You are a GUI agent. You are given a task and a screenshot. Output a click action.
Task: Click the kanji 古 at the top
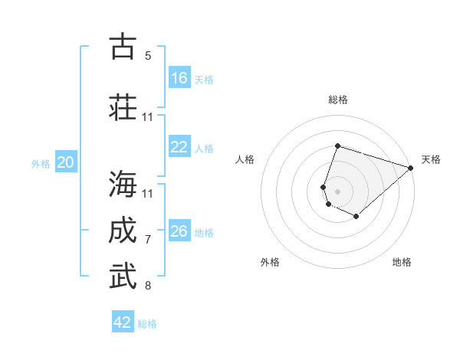123,46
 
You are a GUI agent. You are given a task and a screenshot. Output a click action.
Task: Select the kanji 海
123,184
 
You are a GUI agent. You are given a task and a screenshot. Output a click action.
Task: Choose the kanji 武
123,277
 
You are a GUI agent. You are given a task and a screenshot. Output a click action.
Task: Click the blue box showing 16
179,77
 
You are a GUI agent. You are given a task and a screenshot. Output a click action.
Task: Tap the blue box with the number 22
179,147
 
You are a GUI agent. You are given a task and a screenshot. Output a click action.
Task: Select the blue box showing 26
179,231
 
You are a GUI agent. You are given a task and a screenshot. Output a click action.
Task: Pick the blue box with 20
66,162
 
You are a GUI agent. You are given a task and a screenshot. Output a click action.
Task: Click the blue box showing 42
123,322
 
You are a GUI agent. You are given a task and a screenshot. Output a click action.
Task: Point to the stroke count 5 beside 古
148,55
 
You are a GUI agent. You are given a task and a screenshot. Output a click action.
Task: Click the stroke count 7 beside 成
148,240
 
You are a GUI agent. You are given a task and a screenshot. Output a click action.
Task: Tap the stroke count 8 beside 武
148,286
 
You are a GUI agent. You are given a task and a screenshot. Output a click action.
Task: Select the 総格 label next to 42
147,324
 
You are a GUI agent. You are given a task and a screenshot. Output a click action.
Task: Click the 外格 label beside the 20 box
41,164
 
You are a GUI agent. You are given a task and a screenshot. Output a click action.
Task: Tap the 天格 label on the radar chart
431,159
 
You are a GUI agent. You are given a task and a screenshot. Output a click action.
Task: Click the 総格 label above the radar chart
338,100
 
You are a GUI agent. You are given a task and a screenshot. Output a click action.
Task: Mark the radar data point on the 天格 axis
411,167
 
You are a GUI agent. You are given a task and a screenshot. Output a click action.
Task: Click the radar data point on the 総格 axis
337,146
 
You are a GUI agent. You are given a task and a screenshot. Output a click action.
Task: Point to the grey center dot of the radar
337,191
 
